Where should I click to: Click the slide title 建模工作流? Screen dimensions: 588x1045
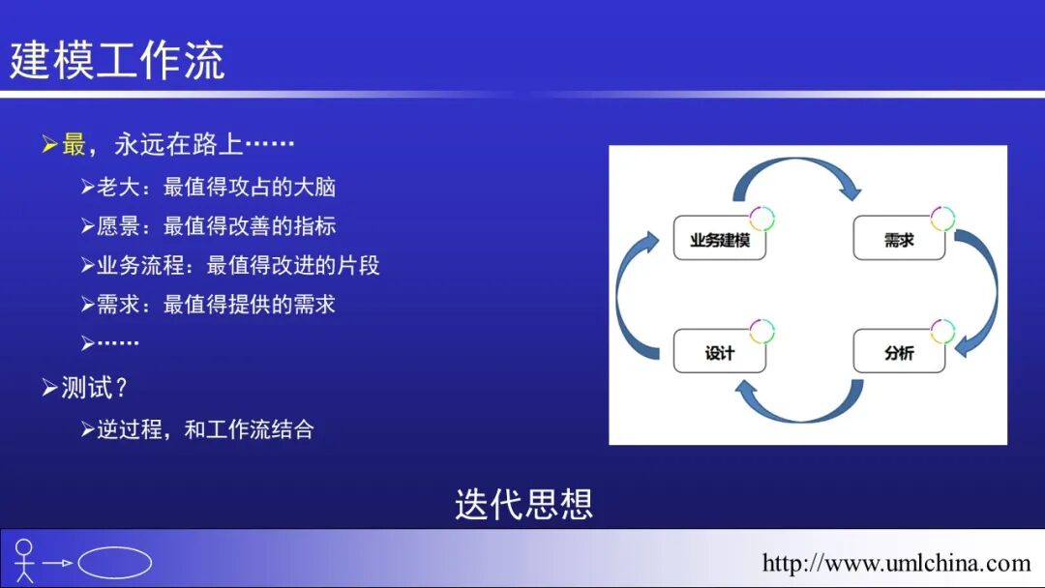(117, 59)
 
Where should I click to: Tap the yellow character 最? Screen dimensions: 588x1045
(74, 145)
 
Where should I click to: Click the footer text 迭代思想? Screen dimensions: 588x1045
(523, 505)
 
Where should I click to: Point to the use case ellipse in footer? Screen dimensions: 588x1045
(114, 563)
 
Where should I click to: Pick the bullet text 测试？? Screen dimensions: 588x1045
(95, 388)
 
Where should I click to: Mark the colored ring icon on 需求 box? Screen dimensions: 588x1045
(942, 218)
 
